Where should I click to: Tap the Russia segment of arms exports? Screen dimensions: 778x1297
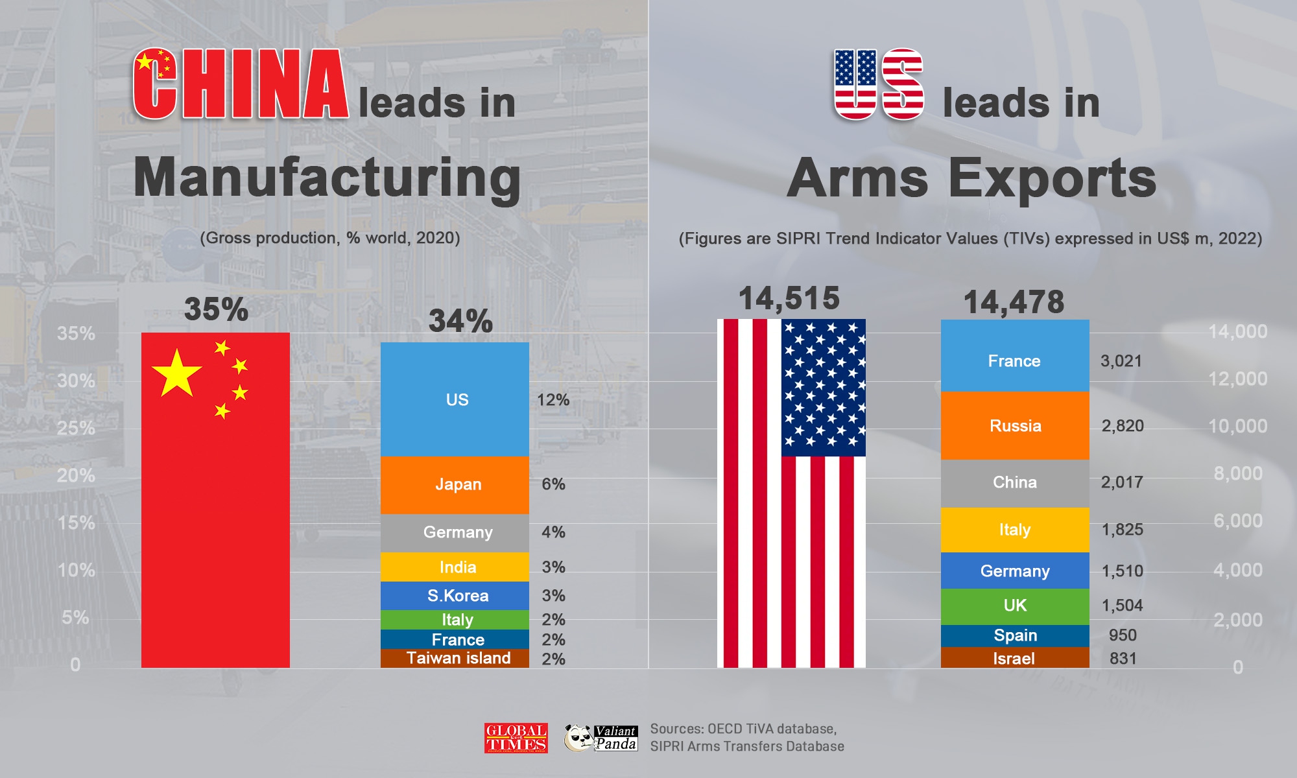coord(1015,426)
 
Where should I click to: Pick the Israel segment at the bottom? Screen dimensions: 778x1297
coord(1015,658)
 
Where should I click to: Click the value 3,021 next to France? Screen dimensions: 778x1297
coord(1121,361)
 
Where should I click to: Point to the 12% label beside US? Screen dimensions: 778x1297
coord(553,400)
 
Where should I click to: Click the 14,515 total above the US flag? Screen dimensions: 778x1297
coord(789,299)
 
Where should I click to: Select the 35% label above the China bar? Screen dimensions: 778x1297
coord(216,309)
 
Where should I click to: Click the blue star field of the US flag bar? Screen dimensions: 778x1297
coord(824,387)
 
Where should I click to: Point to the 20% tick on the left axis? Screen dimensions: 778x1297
coord(76,475)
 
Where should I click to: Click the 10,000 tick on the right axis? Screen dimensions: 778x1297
coord(1237,426)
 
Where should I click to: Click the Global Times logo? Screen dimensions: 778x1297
coord(516,738)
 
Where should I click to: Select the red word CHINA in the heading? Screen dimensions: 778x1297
coord(241,85)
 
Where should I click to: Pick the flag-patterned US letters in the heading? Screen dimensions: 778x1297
coord(879,85)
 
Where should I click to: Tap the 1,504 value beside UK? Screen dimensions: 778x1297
coord(1122,606)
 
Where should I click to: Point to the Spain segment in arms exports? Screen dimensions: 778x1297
coord(1015,635)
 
